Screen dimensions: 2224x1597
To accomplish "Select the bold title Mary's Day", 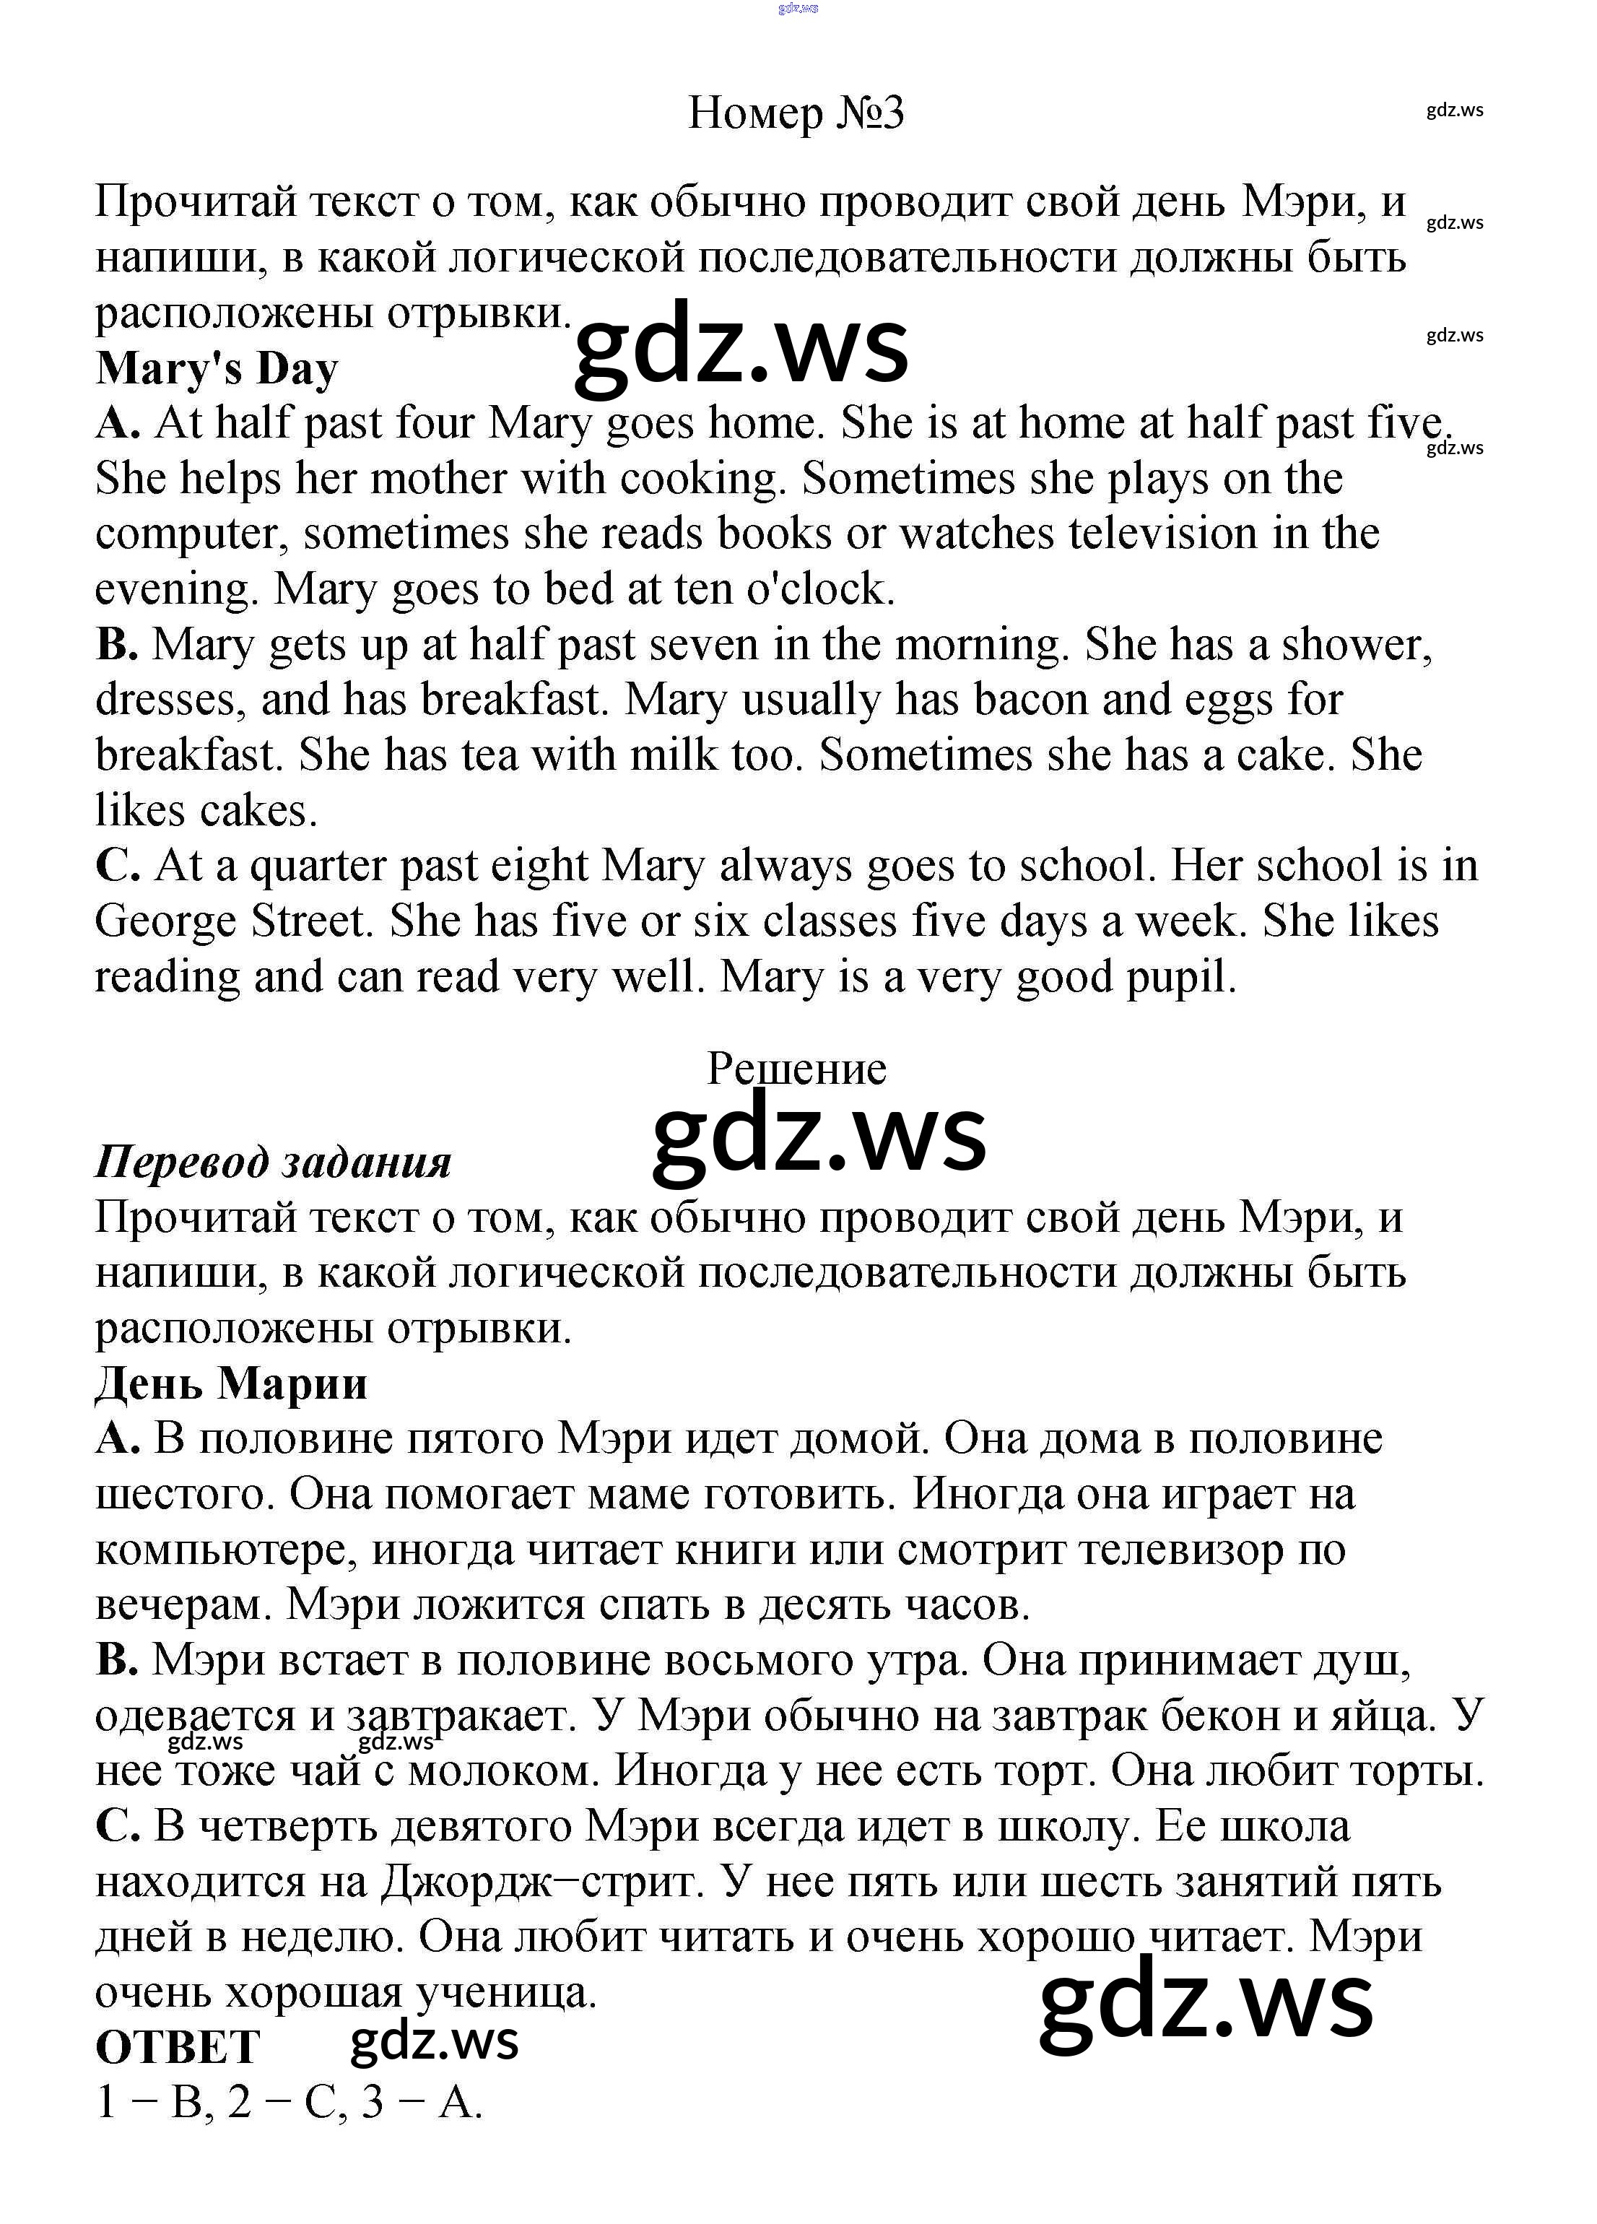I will tap(217, 369).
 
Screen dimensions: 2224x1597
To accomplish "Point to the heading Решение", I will tap(796, 1068).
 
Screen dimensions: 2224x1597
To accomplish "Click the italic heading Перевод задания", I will tap(272, 1162).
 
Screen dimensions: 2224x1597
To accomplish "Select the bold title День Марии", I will tap(231, 1384).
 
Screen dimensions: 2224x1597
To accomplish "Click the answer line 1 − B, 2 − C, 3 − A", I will tap(290, 2103).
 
